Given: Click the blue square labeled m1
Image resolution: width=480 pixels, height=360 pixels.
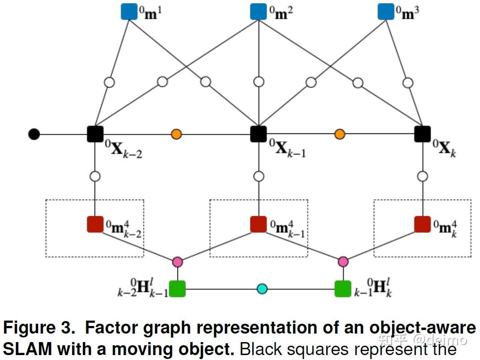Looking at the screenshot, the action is click(x=129, y=12).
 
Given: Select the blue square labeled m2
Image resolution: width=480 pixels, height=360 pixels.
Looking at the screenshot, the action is click(x=259, y=12).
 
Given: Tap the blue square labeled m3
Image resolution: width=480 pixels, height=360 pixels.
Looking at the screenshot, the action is click(x=386, y=12).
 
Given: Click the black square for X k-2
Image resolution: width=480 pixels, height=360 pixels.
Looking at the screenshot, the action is click(x=95, y=134).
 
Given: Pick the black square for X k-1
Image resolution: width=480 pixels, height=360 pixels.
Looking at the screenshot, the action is click(x=259, y=134).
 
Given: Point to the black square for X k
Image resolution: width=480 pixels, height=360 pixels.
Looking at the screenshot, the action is click(x=423, y=134).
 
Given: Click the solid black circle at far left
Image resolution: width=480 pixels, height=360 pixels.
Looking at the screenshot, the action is click(x=34, y=134).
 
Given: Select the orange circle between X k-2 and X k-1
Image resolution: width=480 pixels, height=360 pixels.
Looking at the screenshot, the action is click(x=176, y=134).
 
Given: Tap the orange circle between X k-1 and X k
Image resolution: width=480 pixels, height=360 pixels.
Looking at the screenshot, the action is click(x=339, y=134).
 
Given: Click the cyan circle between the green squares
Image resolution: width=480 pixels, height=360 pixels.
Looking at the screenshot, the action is click(x=262, y=289).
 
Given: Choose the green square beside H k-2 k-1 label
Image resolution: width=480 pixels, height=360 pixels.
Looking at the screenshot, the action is click(x=177, y=289).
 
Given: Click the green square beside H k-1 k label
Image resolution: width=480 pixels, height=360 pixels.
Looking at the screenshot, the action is click(x=343, y=289).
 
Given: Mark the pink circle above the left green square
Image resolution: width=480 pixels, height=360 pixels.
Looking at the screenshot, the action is click(x=177, y=262).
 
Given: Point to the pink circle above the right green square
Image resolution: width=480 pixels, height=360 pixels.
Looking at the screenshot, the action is click(x=343, y=262).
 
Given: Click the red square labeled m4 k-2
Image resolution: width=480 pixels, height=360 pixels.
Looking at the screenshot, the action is click(x=95, y=224).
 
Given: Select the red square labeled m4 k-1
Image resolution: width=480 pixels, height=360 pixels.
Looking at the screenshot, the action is click(x=259, y=224).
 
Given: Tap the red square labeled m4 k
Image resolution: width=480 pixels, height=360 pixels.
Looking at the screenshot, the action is click(x=423, y=224).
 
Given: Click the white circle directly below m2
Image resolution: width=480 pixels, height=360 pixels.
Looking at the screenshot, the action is click(x=259, y=81).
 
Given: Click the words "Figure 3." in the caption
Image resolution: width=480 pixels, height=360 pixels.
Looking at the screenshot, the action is click(x=39, y=328).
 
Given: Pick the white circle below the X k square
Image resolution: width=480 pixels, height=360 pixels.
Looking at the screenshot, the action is click(x=423, y=176).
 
